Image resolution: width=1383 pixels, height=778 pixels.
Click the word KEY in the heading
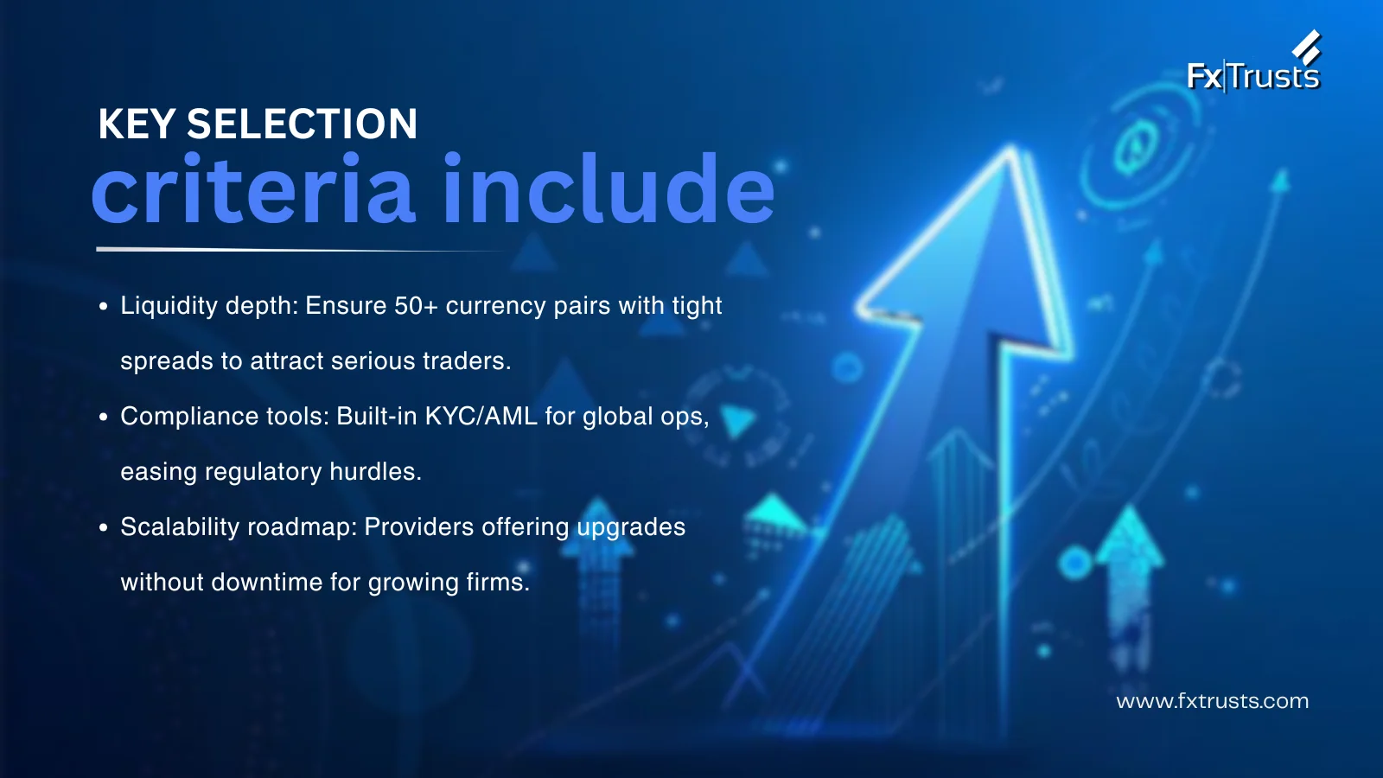(137, 124)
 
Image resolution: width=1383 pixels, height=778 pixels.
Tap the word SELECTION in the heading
(302, 124)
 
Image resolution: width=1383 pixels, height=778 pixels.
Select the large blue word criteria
(253, 188)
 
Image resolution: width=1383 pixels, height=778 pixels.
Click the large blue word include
(609, 188)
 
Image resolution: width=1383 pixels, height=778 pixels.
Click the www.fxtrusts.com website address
(1212, 701)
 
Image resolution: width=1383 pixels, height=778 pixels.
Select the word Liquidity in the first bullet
(169, 306)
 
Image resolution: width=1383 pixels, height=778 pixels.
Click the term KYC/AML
(481, 416)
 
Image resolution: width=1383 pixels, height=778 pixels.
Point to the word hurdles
(375, 472)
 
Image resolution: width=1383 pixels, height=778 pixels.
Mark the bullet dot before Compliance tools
(103, 418)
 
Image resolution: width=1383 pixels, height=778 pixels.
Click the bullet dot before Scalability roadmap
(103, 528)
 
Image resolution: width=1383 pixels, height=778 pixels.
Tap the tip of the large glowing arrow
(1011, 147)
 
